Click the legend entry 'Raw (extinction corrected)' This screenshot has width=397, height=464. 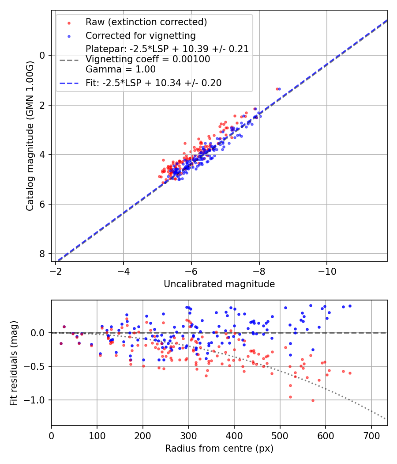(x=146, y=22)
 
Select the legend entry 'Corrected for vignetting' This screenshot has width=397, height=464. (x=141, y=35)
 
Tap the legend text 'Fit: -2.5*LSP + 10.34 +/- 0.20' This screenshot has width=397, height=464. (x=154, y=83)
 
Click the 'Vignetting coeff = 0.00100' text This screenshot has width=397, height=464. (x=148, y=59)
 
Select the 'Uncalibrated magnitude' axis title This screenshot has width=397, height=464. (x=219, y=284)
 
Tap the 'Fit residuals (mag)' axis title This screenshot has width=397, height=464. (x=14, y=363)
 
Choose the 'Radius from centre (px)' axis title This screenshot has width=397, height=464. (x=219, y=449)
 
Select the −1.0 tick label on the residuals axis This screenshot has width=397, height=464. (x=37, y=400)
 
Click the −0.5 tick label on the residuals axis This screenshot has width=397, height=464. (x=37, y=366)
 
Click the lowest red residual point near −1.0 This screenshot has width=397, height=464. (x=313, y=400)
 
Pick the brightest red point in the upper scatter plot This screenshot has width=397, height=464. (x=277, y=89)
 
